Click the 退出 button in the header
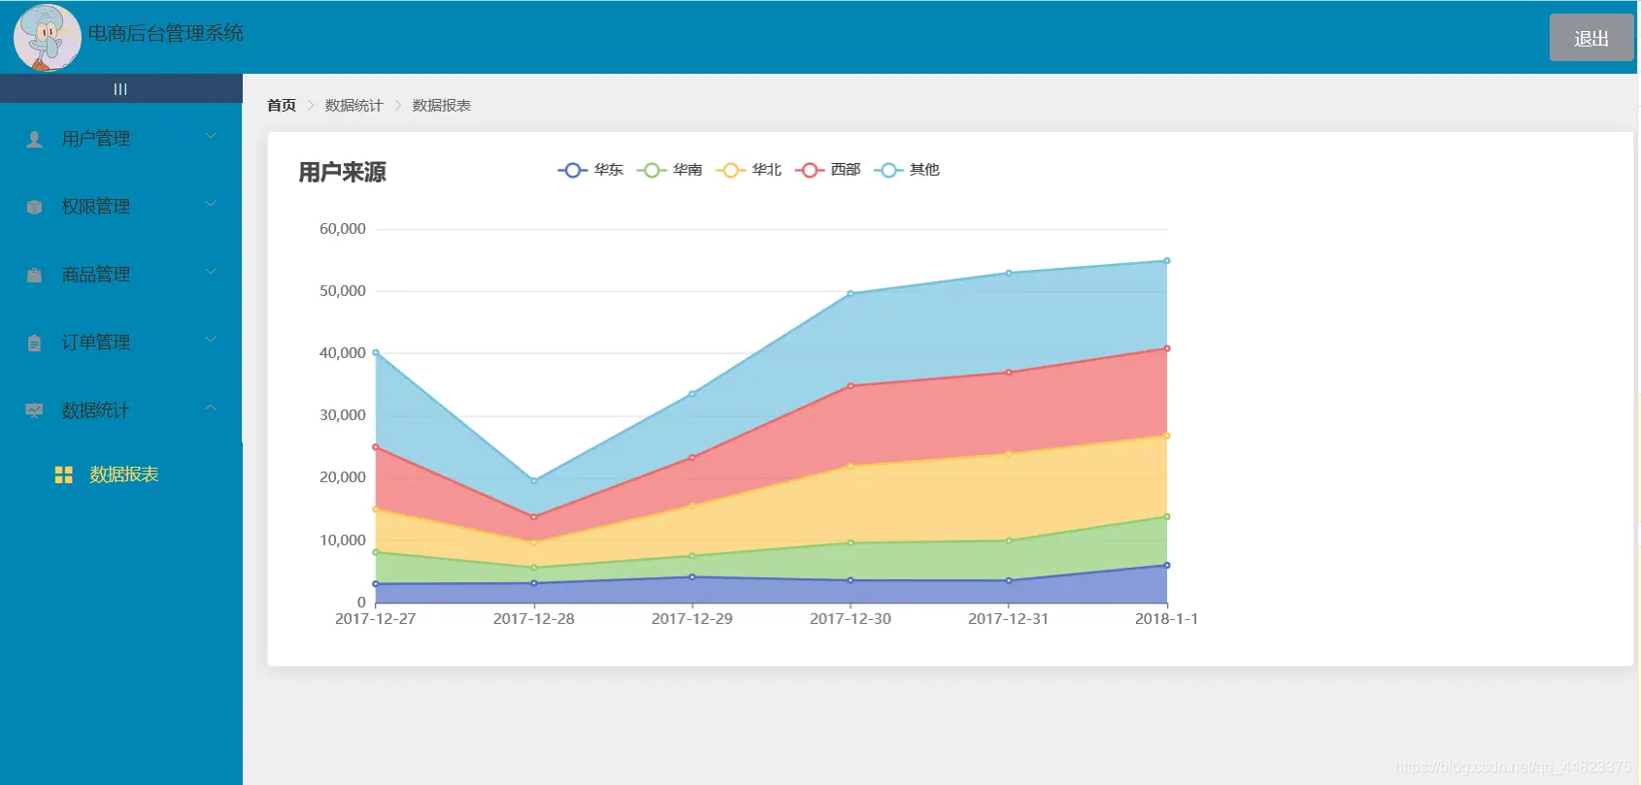click(1591, 37)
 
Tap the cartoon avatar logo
click(47, 37)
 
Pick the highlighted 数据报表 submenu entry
click(123, 474)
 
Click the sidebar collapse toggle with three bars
click(120, 88)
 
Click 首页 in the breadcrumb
click(282, 106)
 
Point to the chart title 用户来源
click(342, 172)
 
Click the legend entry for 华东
click(590, 170)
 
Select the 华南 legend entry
click(670, 170)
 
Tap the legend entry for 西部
click(828, 170)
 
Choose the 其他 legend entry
click(907, 170)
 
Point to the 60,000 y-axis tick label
click(342, 228)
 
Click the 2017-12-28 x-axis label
click(533, 619)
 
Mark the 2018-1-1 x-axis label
click(1166, 619)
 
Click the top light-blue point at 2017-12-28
click(534, 481)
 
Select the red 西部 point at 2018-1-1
click(1167, 348)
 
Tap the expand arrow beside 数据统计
click(211, 408)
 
